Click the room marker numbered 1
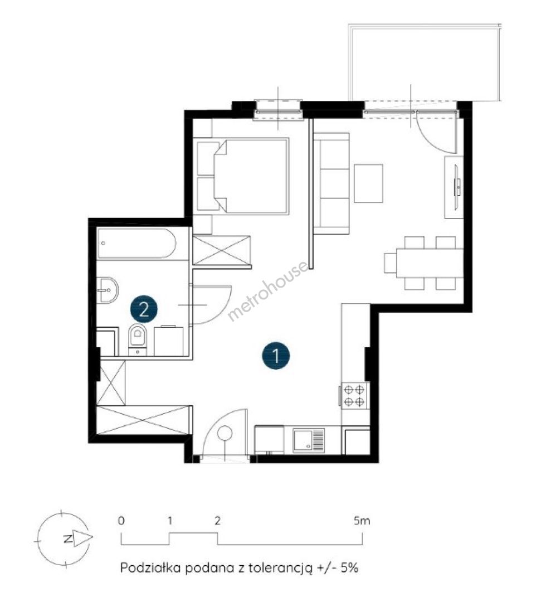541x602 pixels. (x=276, y=356)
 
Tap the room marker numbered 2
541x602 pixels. (x=144, y=309)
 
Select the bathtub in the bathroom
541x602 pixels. (x=137, y=244)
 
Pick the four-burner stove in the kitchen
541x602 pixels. (x=354, y=395)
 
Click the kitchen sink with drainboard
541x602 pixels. (x=309, y=440)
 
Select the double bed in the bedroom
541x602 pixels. (x=242, y=176)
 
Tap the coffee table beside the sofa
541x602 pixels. (x=368, y=183)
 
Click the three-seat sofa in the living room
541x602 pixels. (x=331, y=183)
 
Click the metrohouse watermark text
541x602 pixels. (x=268, y=292)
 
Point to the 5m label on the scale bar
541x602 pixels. (x=362, y=521)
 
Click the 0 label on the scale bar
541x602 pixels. (x=121, y=521)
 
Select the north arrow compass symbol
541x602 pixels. (x=65, y=538)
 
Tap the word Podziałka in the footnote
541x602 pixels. (x=150, y=567)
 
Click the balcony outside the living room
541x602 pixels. (x=424, y=62)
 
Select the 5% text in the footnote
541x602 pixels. (x=349, y=567)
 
